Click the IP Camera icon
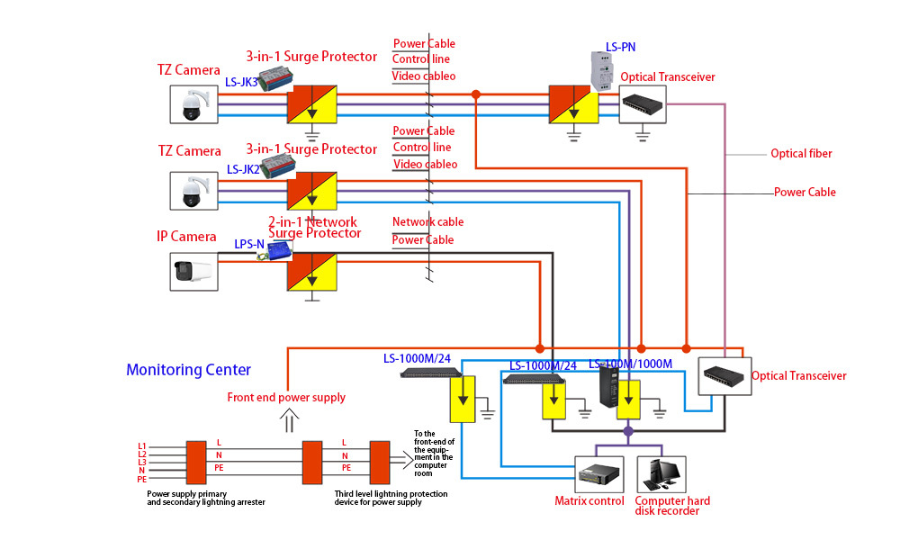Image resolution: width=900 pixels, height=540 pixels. tap(195, 271)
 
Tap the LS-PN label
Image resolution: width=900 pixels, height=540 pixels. tap(621, 47)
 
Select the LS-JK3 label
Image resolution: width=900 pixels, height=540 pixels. tap(241, 82)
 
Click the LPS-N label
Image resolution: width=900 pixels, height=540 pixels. tap(249, 244)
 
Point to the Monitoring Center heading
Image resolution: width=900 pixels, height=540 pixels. tap(188, 370)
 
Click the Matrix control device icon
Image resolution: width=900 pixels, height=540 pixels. tap(598, 473)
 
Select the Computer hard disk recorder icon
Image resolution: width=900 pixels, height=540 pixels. tap(661, 473)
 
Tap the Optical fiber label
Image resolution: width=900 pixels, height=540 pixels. tap(801, 154)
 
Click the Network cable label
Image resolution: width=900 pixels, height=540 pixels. tap(427, 222)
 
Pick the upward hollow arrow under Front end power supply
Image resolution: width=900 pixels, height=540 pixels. tap(289, 419)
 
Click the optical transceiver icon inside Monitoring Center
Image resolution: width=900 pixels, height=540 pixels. tap(724, 375)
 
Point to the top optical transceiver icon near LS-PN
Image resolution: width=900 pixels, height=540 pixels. tap(642, 104)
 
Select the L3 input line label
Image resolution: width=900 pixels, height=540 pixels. tap(141, 462)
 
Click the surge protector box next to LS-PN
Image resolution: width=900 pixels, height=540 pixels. tap(573, 104)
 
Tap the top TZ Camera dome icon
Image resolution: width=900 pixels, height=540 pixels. tap(194, 104)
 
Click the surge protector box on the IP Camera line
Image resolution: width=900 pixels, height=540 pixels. tap(311, 271)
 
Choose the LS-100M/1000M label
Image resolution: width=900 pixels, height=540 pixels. tap(630, 364)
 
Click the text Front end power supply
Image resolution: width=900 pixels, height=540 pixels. tap(286, 397)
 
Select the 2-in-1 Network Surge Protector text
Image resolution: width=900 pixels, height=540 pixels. tap(314, 228)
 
